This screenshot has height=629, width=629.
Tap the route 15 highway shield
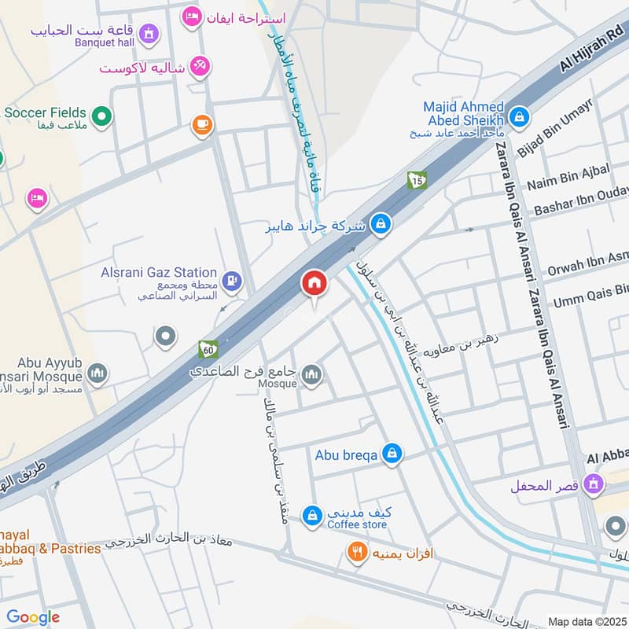(x=417, y=180)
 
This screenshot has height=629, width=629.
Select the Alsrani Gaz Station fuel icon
(x=231, y=279)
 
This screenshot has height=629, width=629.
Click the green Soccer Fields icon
(x=101, y=117)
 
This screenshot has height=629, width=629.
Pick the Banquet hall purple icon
(x=148, y=34)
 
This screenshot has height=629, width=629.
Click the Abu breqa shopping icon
(x=392, y=454)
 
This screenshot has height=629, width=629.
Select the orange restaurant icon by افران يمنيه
(x=357, y=554)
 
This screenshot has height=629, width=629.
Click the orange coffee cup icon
(x=202, y=124)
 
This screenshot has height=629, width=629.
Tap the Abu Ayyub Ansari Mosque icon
(x=97, y=373)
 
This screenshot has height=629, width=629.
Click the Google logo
(x=33, y=617)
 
